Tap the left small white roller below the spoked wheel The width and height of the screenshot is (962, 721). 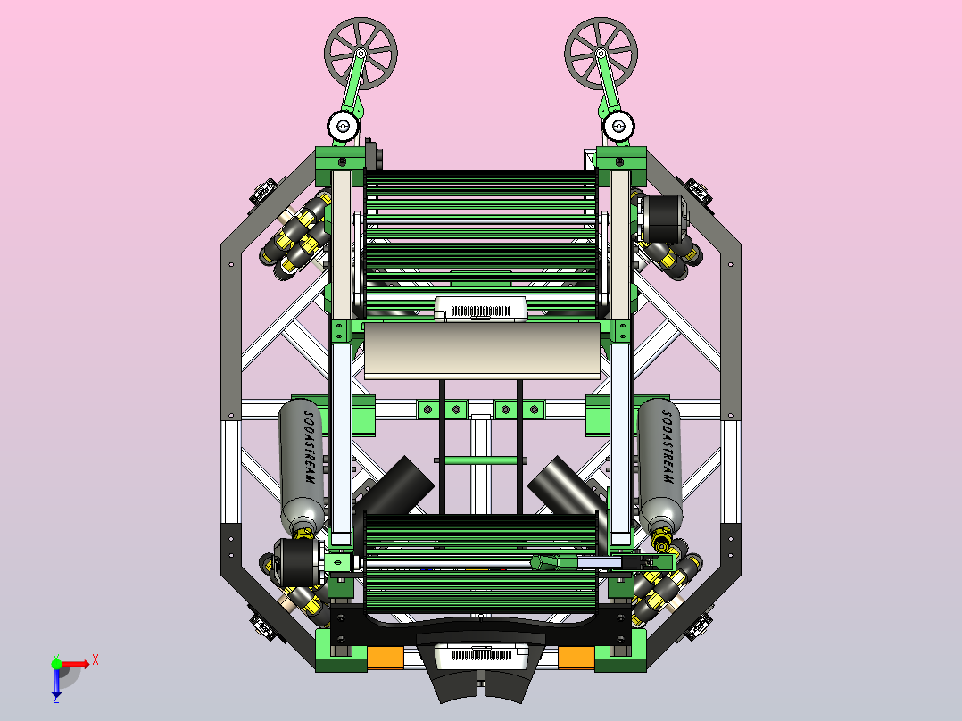[343, 127]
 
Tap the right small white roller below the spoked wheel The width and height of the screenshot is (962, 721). [618, 127]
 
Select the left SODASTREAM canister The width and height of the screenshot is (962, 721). [302, 467]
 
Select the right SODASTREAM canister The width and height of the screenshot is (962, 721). [660, 467]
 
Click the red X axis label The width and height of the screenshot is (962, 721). [95, 660]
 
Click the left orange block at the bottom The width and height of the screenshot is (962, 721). [386, 657]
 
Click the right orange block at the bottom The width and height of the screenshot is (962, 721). [576, 657]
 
